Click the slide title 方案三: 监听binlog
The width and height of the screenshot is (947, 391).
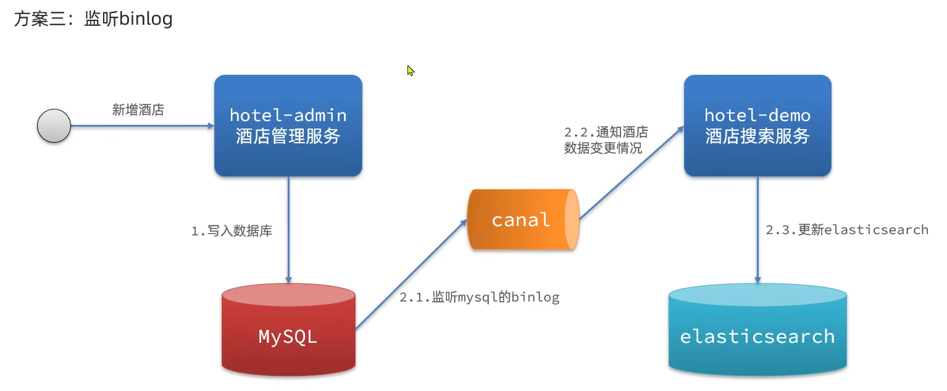(x=93, y=19)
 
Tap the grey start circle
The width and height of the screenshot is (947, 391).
(x=54, y=125)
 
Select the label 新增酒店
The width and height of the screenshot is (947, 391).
(x=138, y=110)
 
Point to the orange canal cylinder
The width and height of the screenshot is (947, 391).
(x=522, y=220)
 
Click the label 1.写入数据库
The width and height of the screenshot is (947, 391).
(x=232, y=232)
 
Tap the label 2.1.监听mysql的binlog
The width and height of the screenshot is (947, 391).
(x=479, y=297)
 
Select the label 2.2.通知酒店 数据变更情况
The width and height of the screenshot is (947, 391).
(x=606, y=140)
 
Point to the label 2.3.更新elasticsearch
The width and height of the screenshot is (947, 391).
(x=847, y=230)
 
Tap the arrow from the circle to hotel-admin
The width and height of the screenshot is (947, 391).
(x=142, y=125)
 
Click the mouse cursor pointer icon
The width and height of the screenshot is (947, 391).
(x=411, y=70)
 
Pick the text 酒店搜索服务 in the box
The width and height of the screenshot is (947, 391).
(x=757, y=136)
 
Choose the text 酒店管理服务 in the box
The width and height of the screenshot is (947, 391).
(x=288, y=136)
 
